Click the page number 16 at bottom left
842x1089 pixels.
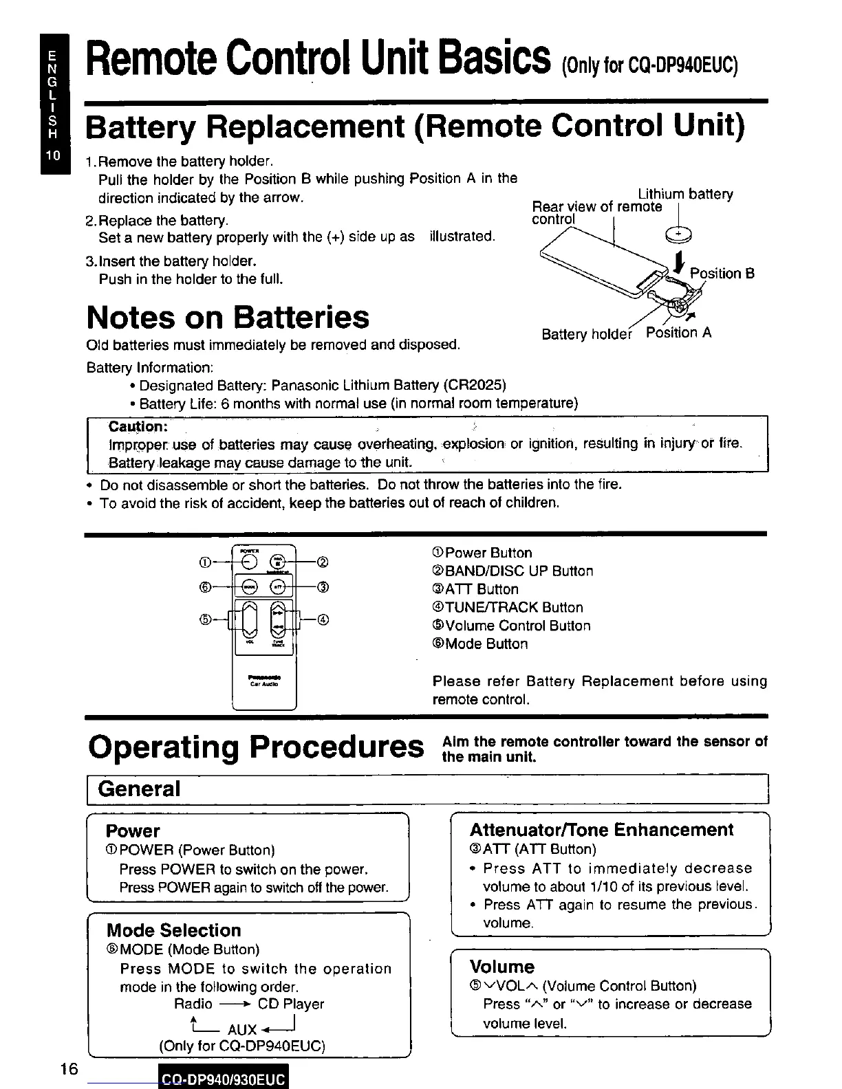pyautogui.click(x=68, y=1069)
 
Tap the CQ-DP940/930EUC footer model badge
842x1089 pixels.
pyautogui.click(x=222, y=1079)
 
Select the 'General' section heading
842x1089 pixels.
pyautogui.click(x=139, y=789)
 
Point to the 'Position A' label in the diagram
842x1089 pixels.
pyautogui.click(x=678, y=333)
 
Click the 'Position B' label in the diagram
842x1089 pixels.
pyautogui.click(x=722, y=274)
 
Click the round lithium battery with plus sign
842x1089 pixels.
pyautogui.click(x=679, y=236)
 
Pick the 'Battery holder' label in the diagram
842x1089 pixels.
pyautogui.click(x=586, y=335)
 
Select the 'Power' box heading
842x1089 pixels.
pyautogui.click(x=133, y=831)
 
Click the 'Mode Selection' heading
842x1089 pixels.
pyautogui.click(x=174, y=930)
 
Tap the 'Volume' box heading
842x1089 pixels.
pyautogui.click(x=501, y=967)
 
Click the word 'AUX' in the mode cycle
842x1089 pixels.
pyautogui.click(x=242, y=1029)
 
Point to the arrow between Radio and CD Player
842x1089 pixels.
pyautogui.click(x=235, y=1004)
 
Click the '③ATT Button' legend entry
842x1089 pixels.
pyautogui.click(x=475, y=589)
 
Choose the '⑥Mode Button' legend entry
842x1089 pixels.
pyautogui.click(x=480, y=644)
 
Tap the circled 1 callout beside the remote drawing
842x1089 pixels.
pyautogui.click(x=204, y=562)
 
